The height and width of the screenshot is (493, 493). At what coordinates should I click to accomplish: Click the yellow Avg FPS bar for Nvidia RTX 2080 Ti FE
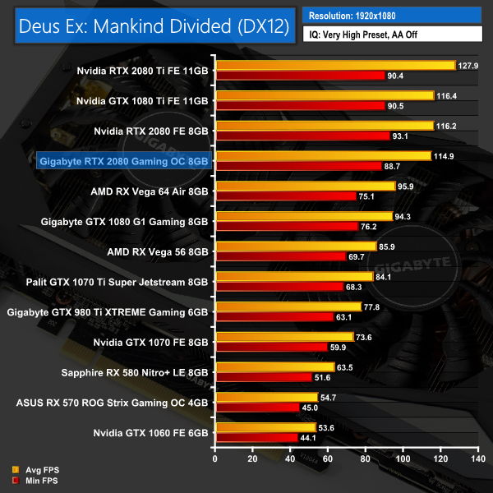click(334, 65)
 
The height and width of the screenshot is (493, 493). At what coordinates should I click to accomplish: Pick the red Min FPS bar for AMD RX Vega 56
click(280, 256)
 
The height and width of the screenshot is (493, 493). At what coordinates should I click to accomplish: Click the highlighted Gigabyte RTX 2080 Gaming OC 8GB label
click(123, 162)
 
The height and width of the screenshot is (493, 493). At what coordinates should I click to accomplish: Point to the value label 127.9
click(468, 65)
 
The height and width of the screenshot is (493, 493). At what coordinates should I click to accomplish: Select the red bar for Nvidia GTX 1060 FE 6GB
click(256, 438)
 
